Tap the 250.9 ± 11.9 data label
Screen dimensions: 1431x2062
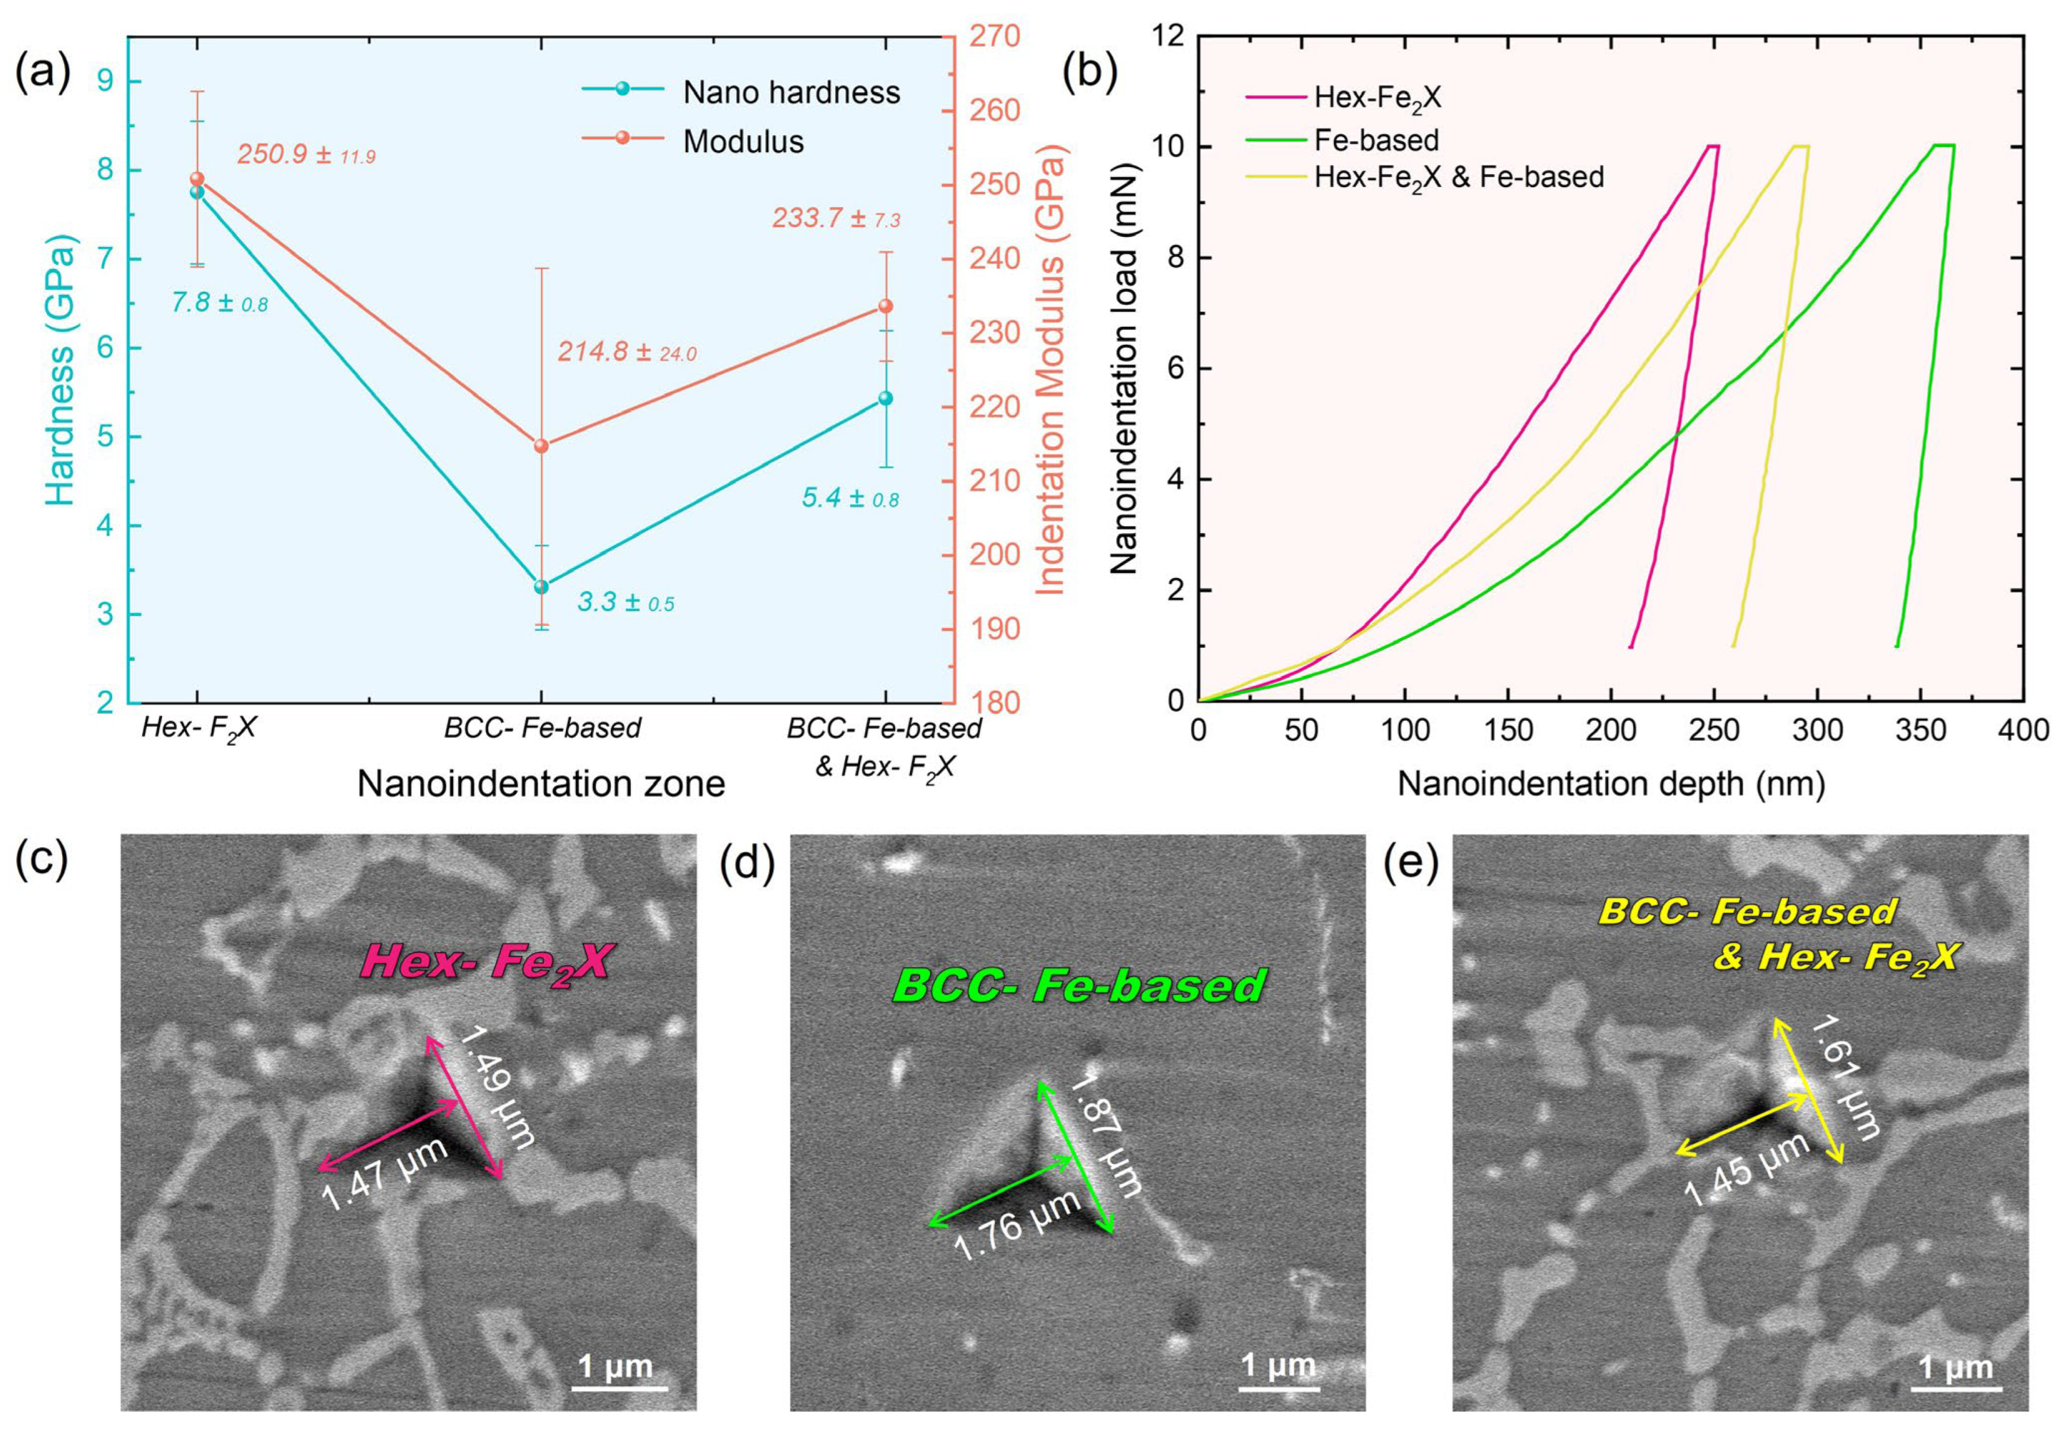(x=305, y=154)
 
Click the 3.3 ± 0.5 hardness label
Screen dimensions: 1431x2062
(x=625, y=602)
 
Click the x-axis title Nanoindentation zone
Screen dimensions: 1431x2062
(x=540, y=784)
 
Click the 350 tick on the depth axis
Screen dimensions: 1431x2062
(x=1921, y=730)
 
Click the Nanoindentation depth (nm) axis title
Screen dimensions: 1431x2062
(x=1610, y=784)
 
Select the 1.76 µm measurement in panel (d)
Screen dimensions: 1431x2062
(x=1016, y=1226)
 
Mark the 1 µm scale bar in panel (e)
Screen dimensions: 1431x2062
(x=1955, y=1376)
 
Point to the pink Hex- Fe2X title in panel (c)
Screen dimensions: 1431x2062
(x=485, y=963)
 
